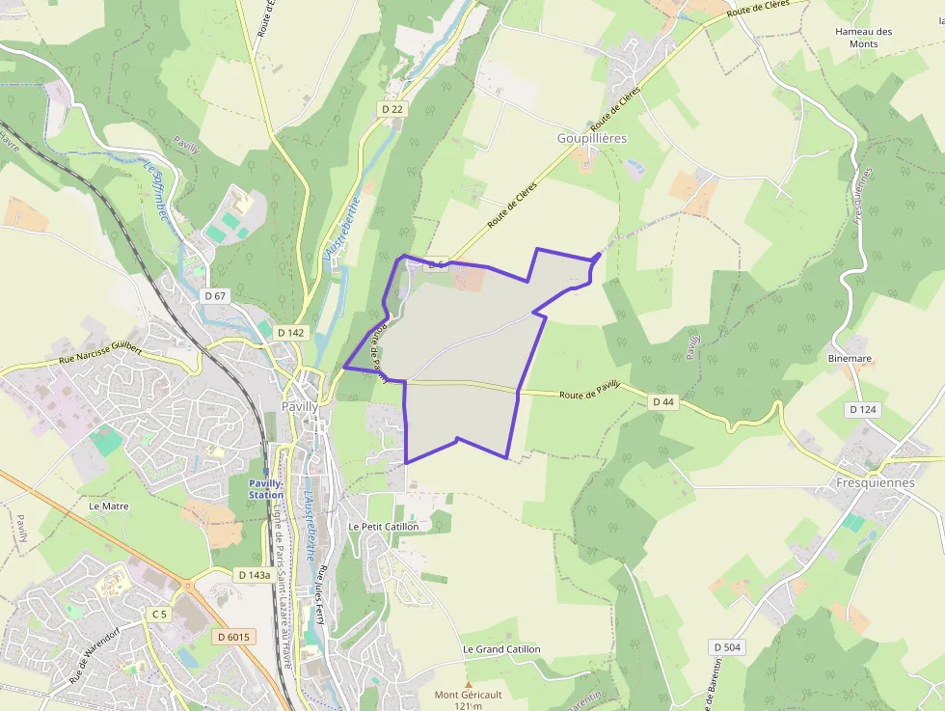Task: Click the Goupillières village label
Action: point(592,138)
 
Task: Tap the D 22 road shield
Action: point(391,109)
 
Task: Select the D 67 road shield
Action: point(214,295)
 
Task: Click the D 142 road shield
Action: point(290,332)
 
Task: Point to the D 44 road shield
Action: point(662,400)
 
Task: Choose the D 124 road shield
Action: point(862,409)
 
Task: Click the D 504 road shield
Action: point(727,646)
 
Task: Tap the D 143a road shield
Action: point(254,574)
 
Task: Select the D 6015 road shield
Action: point(233,636)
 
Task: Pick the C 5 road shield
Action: point(159,614)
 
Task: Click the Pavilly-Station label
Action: point(266,488)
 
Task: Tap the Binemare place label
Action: point(849,358)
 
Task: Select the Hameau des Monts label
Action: point(863,38)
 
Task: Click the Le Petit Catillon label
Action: point(383,527)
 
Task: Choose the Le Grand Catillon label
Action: point(501,649)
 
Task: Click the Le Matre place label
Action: point(108,505)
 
